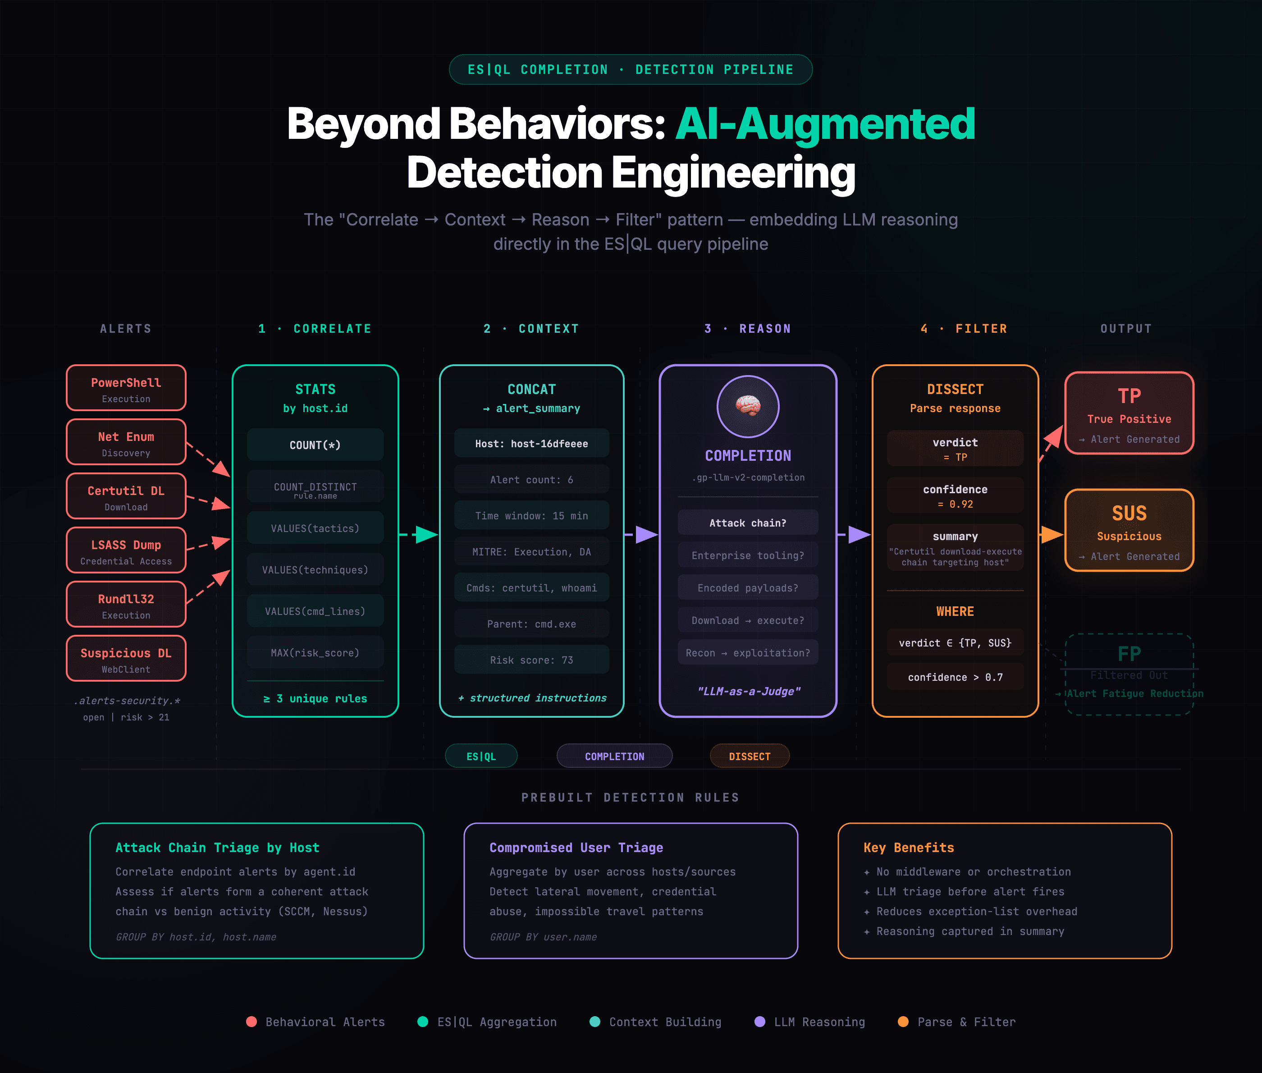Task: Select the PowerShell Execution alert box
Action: [x=126, y=388]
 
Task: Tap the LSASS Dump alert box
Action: [x=126, y=550]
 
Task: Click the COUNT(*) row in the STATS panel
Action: [x=315, y=445]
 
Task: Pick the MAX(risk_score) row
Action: [x=315, y=653]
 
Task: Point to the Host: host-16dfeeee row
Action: [x=531, y=444]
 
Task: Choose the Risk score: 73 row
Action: [x=531, y=660]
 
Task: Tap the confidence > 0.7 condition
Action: [x=955, y=677]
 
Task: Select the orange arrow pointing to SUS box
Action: [x=1051, y=535]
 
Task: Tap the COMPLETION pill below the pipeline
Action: [x=614, y=756]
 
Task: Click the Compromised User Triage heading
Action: [x=576, y=847]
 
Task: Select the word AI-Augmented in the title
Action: [x=825, y=124]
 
